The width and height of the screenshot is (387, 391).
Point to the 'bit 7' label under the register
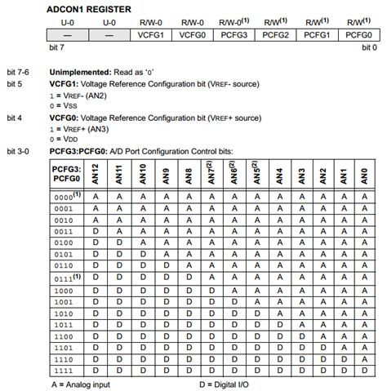tap(56, 48)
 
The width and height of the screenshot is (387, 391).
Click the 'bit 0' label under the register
tap(369, 48)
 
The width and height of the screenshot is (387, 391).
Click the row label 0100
tap(64, 243)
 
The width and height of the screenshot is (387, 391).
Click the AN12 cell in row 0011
tap(96, 231)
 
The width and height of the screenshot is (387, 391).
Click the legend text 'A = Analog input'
tap(81, 383)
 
